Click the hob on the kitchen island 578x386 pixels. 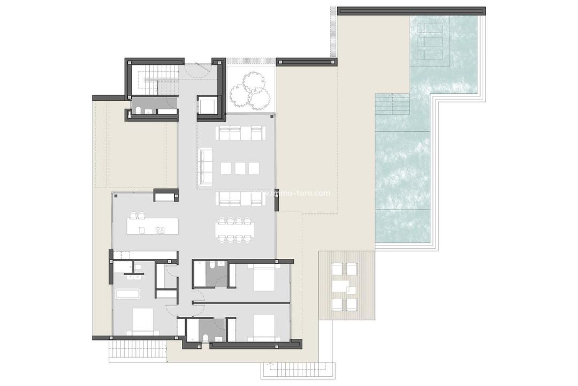tap(159, 231)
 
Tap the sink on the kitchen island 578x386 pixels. tap(142, 231)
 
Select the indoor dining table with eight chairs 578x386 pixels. tap(235, 229)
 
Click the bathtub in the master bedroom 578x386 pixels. tap(127, 294)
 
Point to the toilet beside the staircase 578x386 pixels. tap(138, 110)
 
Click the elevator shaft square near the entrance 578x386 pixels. tap(207, 106)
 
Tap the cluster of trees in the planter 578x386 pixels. tap(250, 89)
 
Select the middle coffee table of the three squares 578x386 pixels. tap(240, 168)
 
